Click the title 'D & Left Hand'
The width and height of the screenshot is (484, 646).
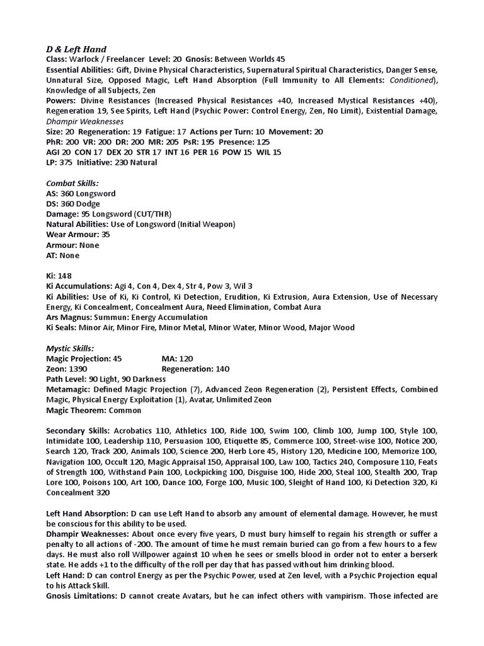(x=76, y=49)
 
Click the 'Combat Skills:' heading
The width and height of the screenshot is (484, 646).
(x=72, y=183)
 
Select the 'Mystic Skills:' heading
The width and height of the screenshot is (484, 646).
(x=70, y=348)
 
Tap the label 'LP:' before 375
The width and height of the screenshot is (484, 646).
(x=53, y=162)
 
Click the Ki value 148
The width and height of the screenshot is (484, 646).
(x=66, y=276)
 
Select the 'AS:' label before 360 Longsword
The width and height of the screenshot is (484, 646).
(x=53, y=193)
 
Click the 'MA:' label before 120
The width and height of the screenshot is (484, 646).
(x=169, y=358)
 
